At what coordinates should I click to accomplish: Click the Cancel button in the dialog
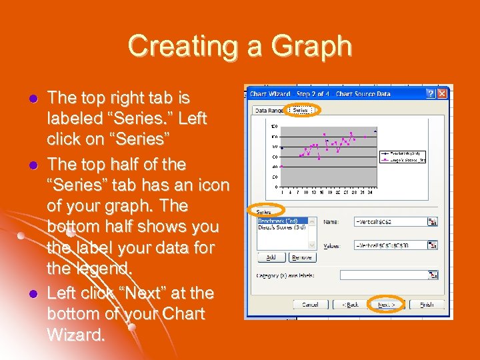coord(311,304)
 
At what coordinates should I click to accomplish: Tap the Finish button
coord(427,304)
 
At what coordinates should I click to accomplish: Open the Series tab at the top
coord(300,109)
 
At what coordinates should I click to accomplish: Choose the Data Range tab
coord(268,110)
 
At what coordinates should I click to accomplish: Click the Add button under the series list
coord(271,257)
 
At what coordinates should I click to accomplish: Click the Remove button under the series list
coord(301,257)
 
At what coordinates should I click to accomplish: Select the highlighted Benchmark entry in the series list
coord(277,221)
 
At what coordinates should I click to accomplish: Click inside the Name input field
coord(390,221)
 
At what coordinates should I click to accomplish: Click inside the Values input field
coord(390,245)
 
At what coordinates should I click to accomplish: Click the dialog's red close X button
coord(443,93)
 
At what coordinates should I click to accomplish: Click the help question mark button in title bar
coord(431,93)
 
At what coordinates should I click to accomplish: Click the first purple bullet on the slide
coord(31,98)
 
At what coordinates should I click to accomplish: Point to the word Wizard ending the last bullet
coord(76,334)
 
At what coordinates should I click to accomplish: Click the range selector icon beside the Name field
coord(433,221)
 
